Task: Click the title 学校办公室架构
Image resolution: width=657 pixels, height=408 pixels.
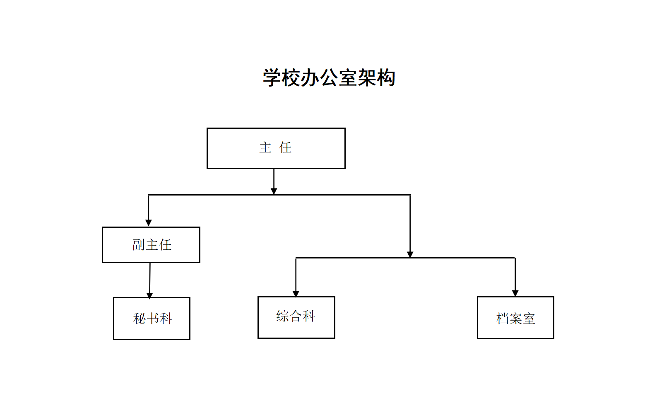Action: [x=329, y=78]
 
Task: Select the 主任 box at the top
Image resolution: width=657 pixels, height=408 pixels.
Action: [x=276, y=148]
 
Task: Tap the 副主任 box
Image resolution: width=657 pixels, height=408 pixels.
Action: [x=151, y=245]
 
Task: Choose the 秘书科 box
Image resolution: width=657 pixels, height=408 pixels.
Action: [x=152, y=319]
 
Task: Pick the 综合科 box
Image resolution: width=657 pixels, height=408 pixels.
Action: [x=296, y=317]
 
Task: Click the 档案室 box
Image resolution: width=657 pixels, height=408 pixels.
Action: [x=515, y=318]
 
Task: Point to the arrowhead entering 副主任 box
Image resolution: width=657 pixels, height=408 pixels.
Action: [x=149, y=223]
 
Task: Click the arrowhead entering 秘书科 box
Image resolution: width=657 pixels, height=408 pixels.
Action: [x=149, y=295]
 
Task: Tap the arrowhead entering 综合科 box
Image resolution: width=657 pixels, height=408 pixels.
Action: [x=296, y=294]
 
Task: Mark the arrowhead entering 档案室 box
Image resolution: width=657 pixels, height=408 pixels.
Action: [x=515, y=293]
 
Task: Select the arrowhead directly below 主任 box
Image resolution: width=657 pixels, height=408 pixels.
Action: [x=274, y=191]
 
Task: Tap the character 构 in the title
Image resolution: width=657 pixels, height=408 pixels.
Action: [x=386, y=78]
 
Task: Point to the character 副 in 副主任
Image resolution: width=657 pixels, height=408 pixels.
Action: [x=138, y=245]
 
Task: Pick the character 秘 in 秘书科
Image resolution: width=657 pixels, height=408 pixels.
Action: [x=140, y=319]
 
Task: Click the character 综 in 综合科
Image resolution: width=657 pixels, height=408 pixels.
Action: [x=282, y=316]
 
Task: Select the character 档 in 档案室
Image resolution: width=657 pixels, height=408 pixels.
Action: [x=503, y=319]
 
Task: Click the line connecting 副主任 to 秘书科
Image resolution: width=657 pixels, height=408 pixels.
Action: [x=150, y=278]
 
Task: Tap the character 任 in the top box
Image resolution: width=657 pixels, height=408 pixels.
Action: [x=285, y=147]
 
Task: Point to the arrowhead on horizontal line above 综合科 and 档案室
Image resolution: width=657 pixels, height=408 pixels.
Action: [x=410, y=254]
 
